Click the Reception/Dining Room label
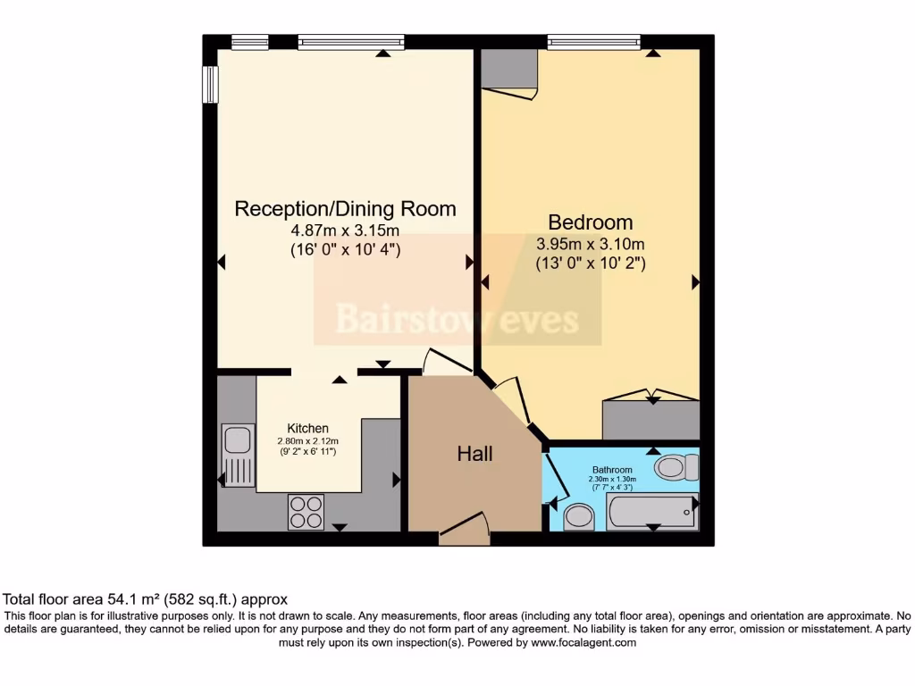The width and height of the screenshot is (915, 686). tap(345, 209)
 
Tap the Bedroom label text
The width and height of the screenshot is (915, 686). tap(590, 222)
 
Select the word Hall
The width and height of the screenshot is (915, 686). tap(474, 454)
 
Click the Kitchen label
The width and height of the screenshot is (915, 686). tap(307, 429)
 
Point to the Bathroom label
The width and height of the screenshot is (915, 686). tap(612, 470)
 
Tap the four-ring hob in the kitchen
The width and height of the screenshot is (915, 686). tap(306, 512)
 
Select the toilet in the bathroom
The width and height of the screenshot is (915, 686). tap(676, 466)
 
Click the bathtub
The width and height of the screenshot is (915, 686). tap(652, 512)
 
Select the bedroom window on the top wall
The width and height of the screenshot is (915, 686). tap(593, 42)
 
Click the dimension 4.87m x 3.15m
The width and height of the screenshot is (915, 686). tap(345, 231)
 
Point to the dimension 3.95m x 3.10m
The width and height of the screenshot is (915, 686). tap(590, 244)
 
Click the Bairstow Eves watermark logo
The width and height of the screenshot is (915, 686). tap(457, 319)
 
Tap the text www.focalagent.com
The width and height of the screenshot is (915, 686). tap(583, 642)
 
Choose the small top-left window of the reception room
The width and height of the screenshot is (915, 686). tap(249, 42)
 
